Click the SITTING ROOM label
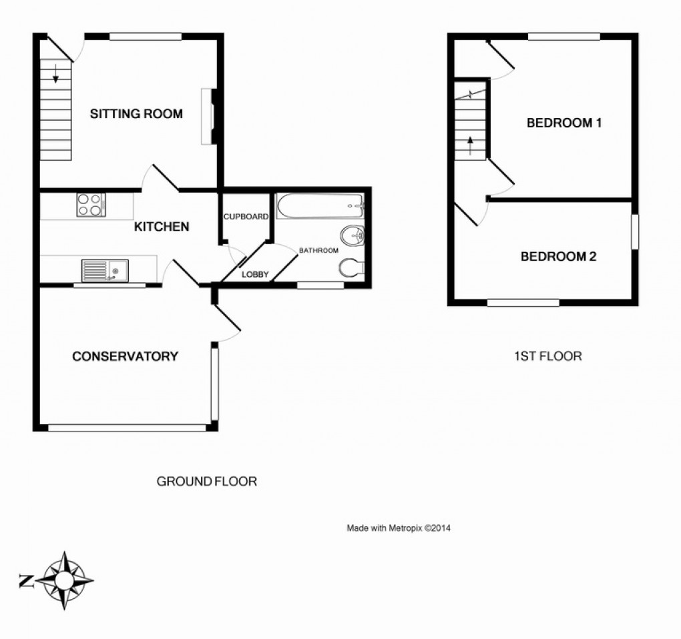(x=136, y=114)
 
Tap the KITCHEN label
(x=162, y=227)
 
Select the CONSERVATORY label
(x=125, y=356)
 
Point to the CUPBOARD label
(x=246, y=217)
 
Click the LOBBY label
(x=255, y=274)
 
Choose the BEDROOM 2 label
(x=558, y=256)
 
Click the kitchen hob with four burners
(x=91, y=205)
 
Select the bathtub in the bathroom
(x=319, y=206)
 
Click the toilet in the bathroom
(x=351, y=268)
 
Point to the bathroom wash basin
(x=352, y=235)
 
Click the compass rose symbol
(x=65, y=580)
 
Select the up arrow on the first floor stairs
(x=471, y=145)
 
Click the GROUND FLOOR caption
(x=206, y=481)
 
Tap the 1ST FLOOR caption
(x=547, y=356)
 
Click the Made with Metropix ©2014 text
(x=399, y=528)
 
